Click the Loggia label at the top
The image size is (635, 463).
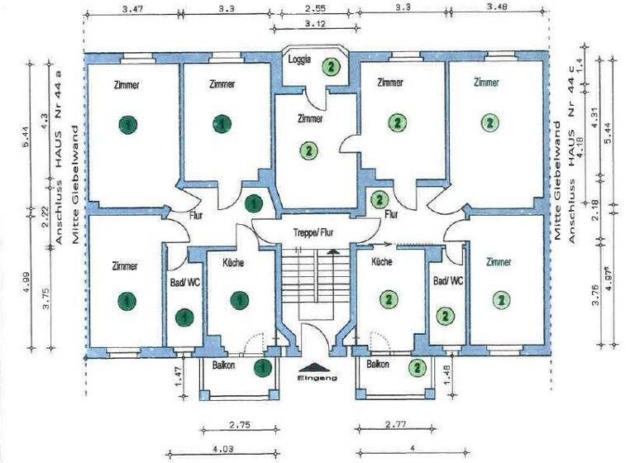point(299,60)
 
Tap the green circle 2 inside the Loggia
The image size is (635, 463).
point(331,67)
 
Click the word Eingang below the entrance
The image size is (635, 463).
point(317,378)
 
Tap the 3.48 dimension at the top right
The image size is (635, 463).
point(499,9)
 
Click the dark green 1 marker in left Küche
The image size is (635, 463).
point(239,298)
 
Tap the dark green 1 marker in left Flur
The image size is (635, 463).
point(254,202)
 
